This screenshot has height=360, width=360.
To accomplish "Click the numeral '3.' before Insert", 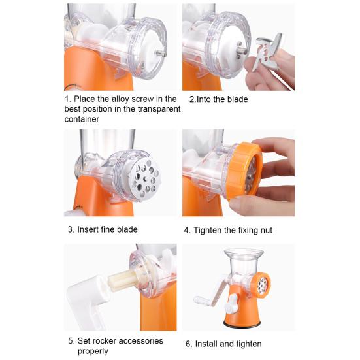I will click(71, 229).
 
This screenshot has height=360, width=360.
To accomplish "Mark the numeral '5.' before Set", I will click(71, 340).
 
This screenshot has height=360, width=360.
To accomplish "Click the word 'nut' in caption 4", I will click(265, 230).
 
